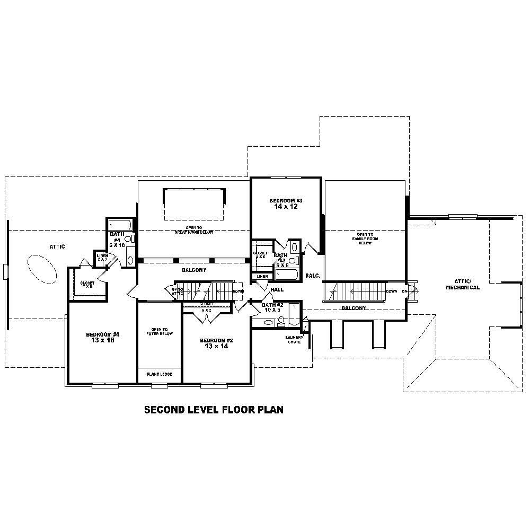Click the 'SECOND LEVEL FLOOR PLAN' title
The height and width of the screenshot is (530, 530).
coord(214,410)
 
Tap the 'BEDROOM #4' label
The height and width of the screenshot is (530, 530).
coord(103,334)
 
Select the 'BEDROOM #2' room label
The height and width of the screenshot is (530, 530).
coord(216,340)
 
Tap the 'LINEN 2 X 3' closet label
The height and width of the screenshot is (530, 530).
coord(102,257)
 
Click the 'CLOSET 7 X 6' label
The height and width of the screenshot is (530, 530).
coord(87,285)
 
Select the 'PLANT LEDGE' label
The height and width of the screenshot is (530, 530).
coord(160,374)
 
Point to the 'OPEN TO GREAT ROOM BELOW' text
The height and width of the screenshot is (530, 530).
coord(193,230)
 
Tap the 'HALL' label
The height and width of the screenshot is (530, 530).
coord(277,290)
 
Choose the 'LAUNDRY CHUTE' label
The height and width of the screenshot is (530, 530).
coord(293,340)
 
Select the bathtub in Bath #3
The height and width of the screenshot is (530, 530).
coord(287,274)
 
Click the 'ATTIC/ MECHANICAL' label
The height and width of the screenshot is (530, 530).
coord(467,285)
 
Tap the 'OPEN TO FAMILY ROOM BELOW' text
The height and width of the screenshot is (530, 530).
coord(365,238)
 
